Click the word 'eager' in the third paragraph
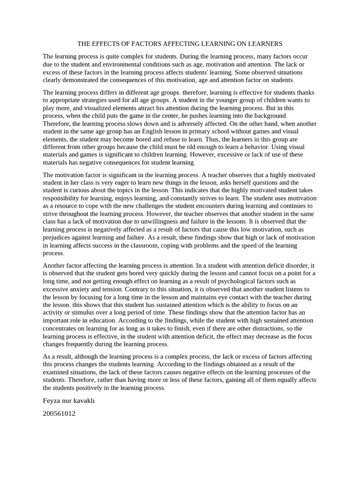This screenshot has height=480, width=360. pos(130,183)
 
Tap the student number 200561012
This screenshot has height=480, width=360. pos(59,414)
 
